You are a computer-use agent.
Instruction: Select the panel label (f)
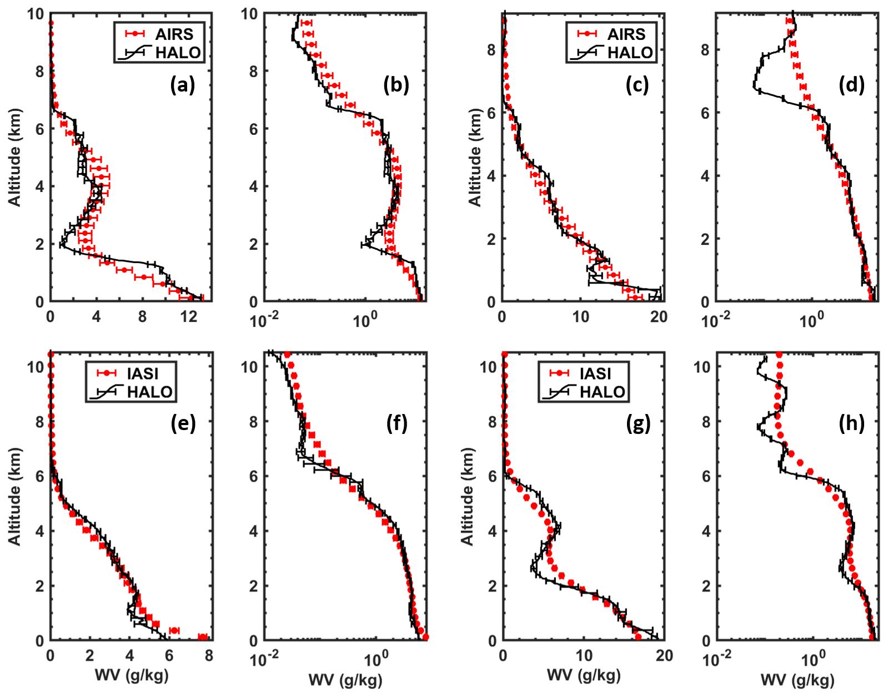point(397,424)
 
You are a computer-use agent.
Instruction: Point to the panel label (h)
point(852,424)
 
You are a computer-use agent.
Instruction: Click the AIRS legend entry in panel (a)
point(174,34)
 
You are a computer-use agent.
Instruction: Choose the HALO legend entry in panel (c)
point(630,53)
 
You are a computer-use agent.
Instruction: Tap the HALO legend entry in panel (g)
point(603,392)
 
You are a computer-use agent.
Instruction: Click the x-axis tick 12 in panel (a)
point(189,317)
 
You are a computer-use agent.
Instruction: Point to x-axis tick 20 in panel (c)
point(659,317)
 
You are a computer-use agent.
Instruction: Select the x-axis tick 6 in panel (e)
point(169,656)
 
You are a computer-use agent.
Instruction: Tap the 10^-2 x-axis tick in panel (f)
point(264,660)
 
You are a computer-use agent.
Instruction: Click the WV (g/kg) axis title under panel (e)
point(132,675)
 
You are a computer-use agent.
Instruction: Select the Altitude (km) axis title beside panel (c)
point(475,157)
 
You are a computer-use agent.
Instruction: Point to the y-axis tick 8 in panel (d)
point(705,50)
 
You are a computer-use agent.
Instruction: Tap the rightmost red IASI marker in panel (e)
point(203,637)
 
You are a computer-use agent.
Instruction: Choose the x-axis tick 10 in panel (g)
point(584,656)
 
